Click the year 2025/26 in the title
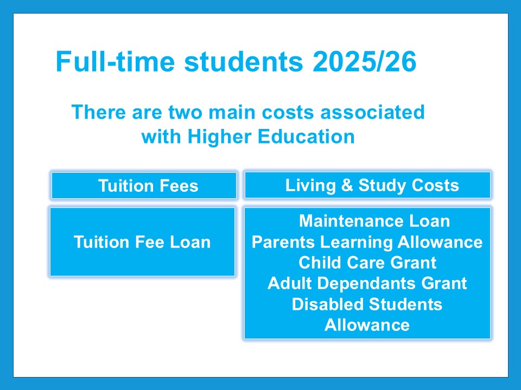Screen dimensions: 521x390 click(x=364, y=61)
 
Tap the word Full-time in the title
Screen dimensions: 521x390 click(x=115, y=61)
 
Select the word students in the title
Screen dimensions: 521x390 click(x=244, y=61)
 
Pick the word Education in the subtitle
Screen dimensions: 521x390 click(x=306, y=136)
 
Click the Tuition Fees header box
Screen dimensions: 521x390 click(x=144, y=185)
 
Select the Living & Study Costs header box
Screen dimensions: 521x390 click(x=367, y=185)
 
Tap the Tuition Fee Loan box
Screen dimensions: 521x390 click(x=143, y=242)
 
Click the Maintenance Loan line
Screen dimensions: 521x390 click(x=374, y=221)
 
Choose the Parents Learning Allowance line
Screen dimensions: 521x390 click(x=367, y=242)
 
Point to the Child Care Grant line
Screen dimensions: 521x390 click(x=367, y=263)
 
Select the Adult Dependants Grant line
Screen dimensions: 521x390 click(x=367, y=283)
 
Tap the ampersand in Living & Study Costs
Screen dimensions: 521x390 click(x=347, y=185)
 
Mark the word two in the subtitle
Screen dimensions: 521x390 click(x=185, y=112)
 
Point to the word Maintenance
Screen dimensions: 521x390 click(x=351, y=221)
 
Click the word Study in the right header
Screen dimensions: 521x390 click(x=378, y=185)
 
